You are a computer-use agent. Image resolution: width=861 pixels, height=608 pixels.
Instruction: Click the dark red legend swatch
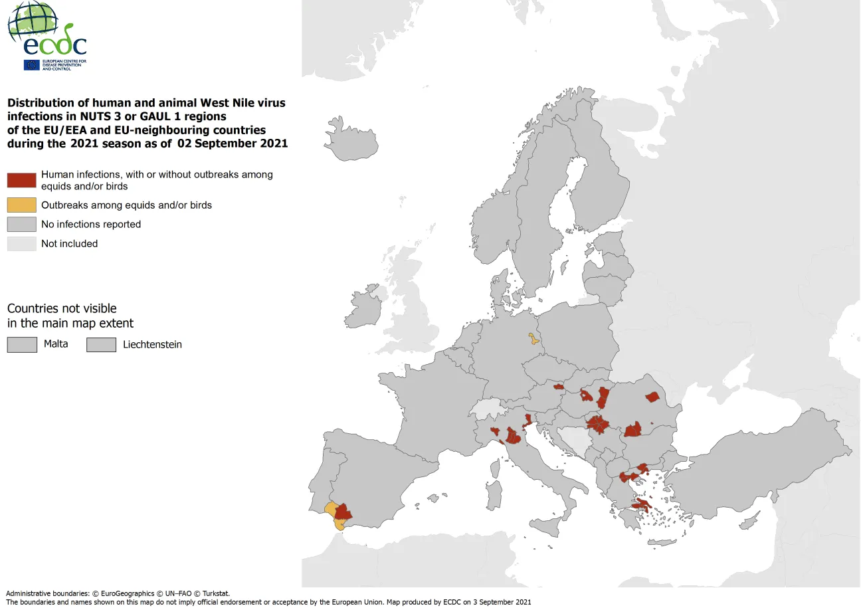(x=21, y=180)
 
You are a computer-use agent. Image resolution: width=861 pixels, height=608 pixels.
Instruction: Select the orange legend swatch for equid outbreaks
(x=21, y=205)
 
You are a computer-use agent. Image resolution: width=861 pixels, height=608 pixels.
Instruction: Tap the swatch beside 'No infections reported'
(x=21, y=225)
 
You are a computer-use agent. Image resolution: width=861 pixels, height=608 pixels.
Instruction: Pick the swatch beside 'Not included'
(x=21, y=244)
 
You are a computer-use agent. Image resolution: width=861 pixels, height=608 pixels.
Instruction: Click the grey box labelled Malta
(x=22, y=344)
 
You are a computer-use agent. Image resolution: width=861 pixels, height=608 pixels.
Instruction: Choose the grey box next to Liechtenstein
(x=102, y=344)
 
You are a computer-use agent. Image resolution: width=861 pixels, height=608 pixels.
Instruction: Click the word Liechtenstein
(x=152, y=344)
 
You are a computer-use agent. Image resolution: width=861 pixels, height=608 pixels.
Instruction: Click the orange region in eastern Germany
(x=533, y=340)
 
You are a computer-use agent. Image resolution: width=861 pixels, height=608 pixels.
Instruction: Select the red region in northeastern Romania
(x=652, y=397)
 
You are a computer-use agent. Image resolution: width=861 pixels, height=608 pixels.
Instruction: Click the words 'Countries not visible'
(x=62, y=308)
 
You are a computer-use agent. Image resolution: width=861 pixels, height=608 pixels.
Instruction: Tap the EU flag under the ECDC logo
(x=31, y=64)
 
